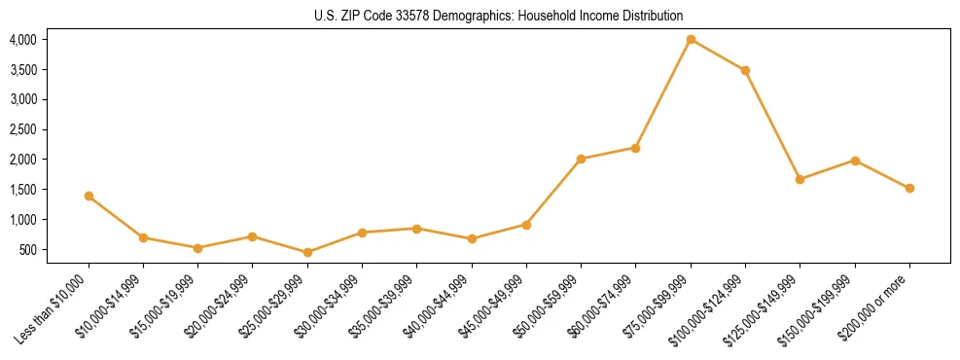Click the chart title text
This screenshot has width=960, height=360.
[499, 16]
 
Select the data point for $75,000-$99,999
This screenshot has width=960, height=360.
[691, 39]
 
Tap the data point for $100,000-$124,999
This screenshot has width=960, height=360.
[745, 70]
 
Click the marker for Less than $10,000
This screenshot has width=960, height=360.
[89, 196]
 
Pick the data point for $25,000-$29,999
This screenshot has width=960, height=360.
[307, 252]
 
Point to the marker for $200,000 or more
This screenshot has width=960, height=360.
[909, 188]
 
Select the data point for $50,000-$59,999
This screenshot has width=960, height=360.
[581, 159]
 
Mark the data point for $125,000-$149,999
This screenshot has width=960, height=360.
[800, 179]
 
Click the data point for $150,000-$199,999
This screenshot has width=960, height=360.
[855, 161]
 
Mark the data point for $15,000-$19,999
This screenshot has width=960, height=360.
[197, 248]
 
